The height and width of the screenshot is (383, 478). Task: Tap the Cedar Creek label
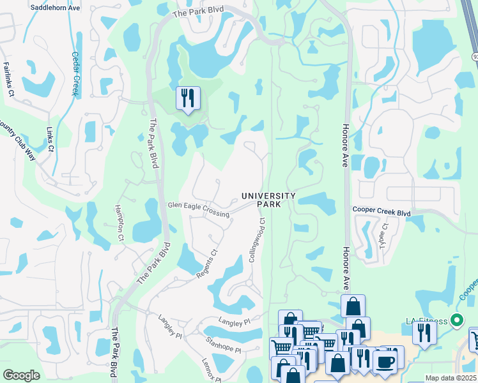76,73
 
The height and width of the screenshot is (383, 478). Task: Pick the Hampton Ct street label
119,223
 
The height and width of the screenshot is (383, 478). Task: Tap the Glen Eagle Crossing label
198,209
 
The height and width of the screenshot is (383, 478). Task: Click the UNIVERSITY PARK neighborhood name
268,200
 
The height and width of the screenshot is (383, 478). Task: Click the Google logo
21,375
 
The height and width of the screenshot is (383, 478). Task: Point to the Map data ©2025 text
451,378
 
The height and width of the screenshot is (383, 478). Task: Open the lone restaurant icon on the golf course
188,98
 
